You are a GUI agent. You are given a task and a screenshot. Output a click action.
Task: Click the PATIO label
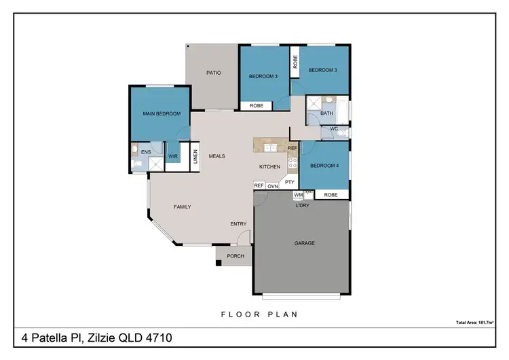pyautogui.click(x=214, y=73)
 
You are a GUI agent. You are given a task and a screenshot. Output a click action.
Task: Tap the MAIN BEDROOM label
pyautogui.click(x=162, y=113)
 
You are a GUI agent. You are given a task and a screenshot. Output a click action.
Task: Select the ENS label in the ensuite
pyautogui.click(x=145, y=152)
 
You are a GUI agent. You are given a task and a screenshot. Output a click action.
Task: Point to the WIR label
pyautogui.click(x=173, y=156)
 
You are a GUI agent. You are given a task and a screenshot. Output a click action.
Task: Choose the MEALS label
pyautogui.click(x=216, y=156)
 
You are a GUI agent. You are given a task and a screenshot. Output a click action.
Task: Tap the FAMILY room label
pyautogui.click(x=182, y=206)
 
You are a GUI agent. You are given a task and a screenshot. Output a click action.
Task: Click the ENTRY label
pyautogui.click(x=238, y=223)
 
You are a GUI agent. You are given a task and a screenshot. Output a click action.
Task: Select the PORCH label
pyautogui.click(x=235, y=256)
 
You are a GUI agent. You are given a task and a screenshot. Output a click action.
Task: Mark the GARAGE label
pyautogui.click(x=304, y=243)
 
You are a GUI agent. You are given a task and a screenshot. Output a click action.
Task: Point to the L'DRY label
pyautogui.click(x=303, y=206)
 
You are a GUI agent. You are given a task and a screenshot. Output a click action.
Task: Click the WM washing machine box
pyautogui.click(x=298, y=195)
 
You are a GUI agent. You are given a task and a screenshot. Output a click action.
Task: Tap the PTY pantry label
pyautogui.click(x=290, y=182)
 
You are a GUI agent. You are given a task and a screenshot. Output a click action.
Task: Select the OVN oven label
pyautogui.click(x=273, y=185)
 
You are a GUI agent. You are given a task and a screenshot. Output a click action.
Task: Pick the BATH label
pyautogui.click(x=327, y=113)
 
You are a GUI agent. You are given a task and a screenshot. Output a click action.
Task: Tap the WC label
pyautogui.click(x=334, y=128)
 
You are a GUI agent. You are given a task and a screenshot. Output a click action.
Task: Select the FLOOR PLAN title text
pyautogui.click(x=259, y=314)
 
